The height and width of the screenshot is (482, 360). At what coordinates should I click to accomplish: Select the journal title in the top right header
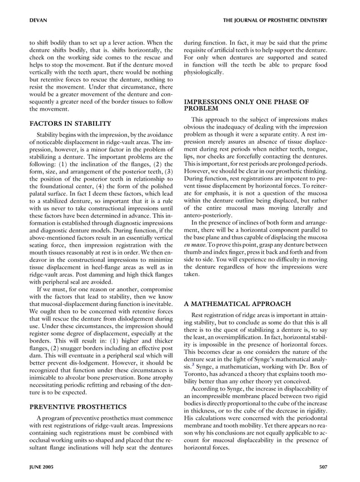point(274,20)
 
